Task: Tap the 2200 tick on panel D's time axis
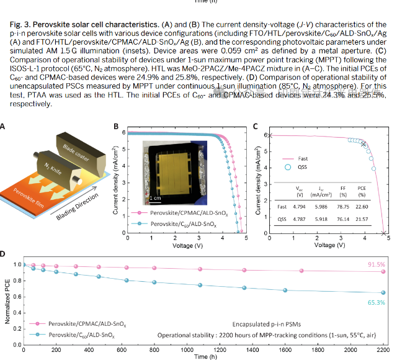coord(383,349)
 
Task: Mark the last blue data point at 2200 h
coord(383,292)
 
